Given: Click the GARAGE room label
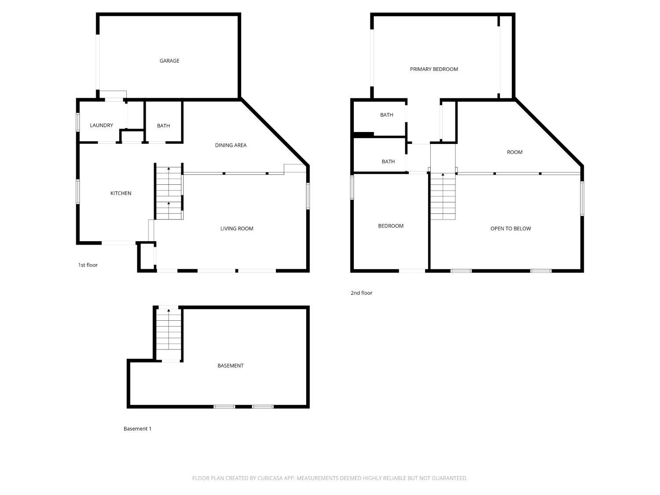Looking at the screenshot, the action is pos(169,61).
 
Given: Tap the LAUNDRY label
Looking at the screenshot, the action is pos(101,125).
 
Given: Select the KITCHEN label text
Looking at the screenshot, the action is pos(121,193).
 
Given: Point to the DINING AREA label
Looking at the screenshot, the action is pos(231,145).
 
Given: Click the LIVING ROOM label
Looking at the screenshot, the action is pos(237,228).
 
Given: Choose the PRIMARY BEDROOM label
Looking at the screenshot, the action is pos(434,69).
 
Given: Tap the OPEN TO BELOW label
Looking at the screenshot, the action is pos(510,228).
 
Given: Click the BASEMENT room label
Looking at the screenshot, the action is pos(230,366).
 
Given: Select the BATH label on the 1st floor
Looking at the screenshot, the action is pos(163,126).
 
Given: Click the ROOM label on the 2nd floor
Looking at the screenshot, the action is pos(514,152).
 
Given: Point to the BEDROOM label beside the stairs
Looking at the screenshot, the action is pos(391,226).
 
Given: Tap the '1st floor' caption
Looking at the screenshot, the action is pos(88,265).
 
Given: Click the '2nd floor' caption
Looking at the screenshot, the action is pos(361,293).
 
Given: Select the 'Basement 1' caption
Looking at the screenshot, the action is pos(137,429).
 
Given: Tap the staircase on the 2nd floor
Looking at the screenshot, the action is pos(443,196).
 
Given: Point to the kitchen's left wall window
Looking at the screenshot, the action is pos(77,191).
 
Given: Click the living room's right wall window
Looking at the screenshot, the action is pos(308,196).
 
